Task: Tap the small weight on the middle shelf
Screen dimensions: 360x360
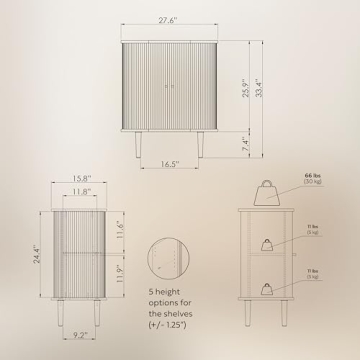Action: [268, 243]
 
